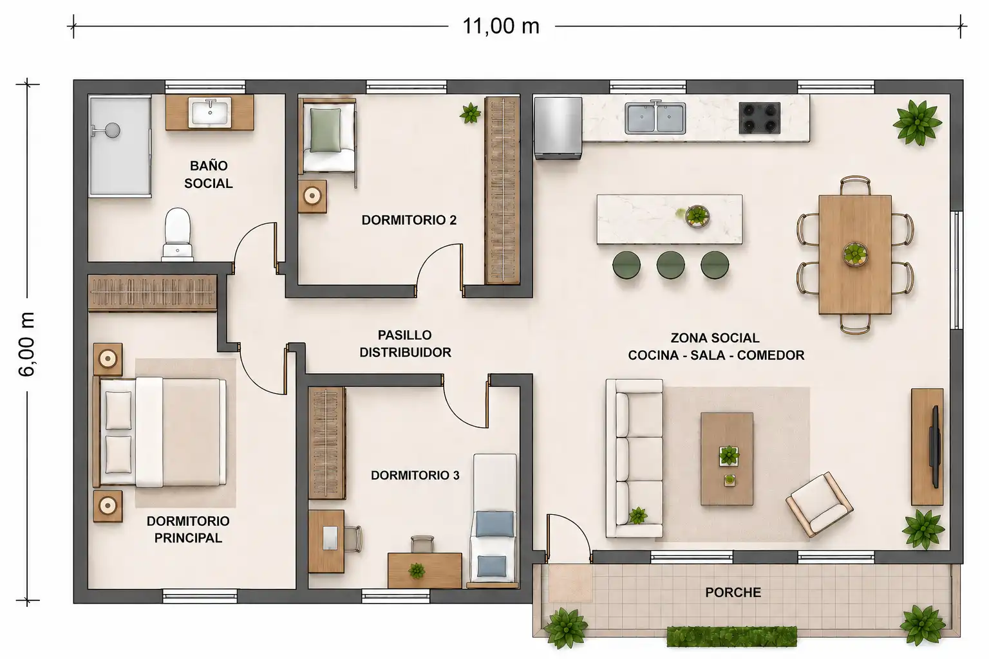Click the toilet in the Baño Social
[x=178, y=234]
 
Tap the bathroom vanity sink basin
[x=210, y=113]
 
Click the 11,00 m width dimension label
[x=501, y=26]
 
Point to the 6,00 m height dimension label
[x=27, y=344]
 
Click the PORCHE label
[x=733, y=592]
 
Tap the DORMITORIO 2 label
[x=409, y=220]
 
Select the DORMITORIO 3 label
[x=415, y=475]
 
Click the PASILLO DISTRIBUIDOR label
[x=405, y=344]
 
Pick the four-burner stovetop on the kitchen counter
[x=759, y=118]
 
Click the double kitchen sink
[x=655, y=117]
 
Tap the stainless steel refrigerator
[x=558, y=128]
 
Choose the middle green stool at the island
[x=671, y=265]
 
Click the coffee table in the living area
[x=727, y=459]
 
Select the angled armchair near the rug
[x=819, y=504]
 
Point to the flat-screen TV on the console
[x=934, y=446]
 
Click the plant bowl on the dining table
[x=856, y=254]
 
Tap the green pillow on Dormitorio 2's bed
[x=326, y=130]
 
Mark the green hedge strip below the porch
[x=731, y=636]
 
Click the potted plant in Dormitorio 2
[x=470, y=113]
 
